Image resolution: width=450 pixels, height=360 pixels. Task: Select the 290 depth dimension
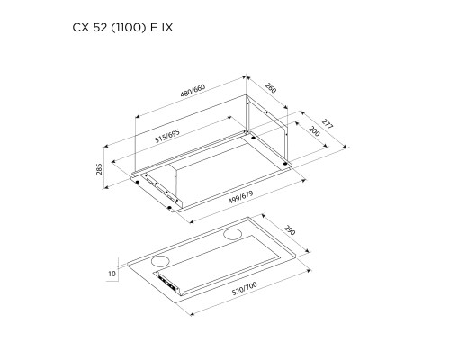pos(288,231)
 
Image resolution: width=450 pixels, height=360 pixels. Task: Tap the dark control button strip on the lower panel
pos(170,283)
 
